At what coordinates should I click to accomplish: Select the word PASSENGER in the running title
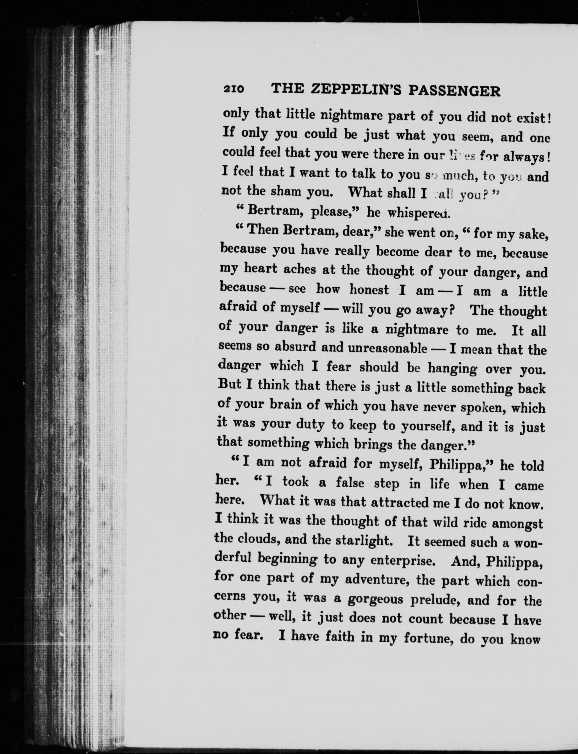(x=454, y=92)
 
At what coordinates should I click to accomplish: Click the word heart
(x=260, y=269)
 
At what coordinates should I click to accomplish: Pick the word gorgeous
(x=374, y=599)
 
